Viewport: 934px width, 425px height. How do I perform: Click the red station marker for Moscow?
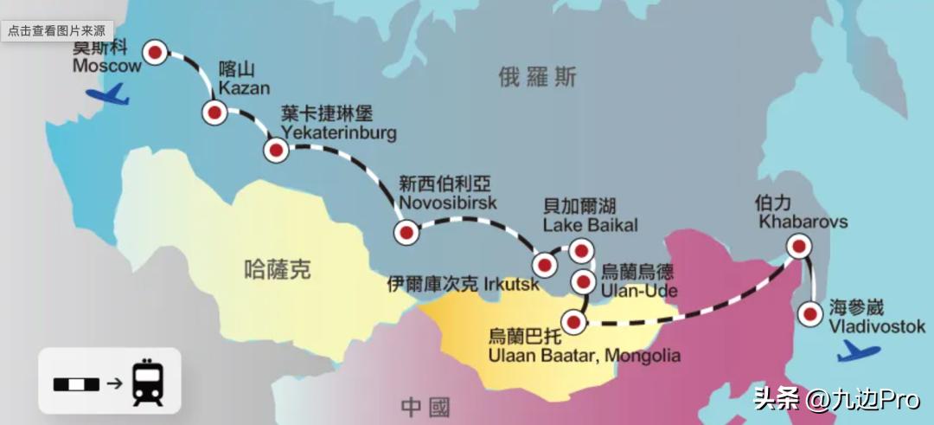tap(156, 53)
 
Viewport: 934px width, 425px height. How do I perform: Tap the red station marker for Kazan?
tap(214, 112)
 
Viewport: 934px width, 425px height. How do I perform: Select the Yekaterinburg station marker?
tap(277, 151)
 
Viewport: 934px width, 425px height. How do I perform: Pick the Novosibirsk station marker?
tap(406, 231)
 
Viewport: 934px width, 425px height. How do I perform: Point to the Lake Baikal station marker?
tap(581, 251)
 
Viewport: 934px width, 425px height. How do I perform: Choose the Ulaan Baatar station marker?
tap(573, 321)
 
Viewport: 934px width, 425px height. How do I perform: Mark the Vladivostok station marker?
tap(810, 314)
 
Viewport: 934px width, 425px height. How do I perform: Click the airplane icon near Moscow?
tap(108, 93)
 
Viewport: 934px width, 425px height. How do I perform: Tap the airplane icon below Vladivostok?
tap(858, 352)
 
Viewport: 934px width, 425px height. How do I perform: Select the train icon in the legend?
tap(148, 383)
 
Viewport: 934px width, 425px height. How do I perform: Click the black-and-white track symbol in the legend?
tap(77, 383)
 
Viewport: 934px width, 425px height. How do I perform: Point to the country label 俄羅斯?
tap(537, 77)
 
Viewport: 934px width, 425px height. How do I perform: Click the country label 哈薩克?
tap(278, 270)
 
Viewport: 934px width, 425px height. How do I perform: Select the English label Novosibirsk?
tap(448, 203)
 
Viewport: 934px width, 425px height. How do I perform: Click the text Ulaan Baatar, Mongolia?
tap(585, 355)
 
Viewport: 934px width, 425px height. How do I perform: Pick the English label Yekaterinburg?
tap(339, 133)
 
